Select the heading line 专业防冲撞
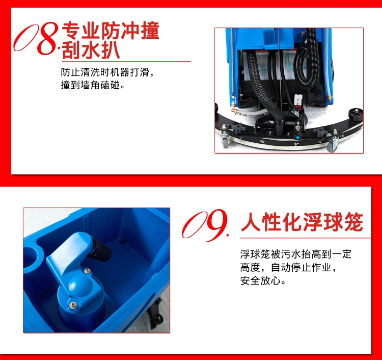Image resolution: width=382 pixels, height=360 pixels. pos(111,31)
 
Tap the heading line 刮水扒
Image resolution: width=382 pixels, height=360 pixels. pos(91,50)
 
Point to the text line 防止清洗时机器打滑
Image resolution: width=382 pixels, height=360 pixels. pos(105,72)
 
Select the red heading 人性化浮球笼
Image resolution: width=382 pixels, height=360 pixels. pos(302,222)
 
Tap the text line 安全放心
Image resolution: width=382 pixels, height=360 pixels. pos(260,280)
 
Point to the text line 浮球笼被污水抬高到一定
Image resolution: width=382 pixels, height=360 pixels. pos(296,254)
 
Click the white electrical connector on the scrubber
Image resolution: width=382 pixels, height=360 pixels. pos(298,99)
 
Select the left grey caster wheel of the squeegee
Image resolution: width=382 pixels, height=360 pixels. pos(225,141)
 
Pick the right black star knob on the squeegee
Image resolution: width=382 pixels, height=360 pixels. pos(320,132)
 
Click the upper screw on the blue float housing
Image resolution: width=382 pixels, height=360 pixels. pos(87,270)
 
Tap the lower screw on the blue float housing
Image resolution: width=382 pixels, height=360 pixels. pos(72,304)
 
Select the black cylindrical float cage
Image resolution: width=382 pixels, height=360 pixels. pos(99,248)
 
